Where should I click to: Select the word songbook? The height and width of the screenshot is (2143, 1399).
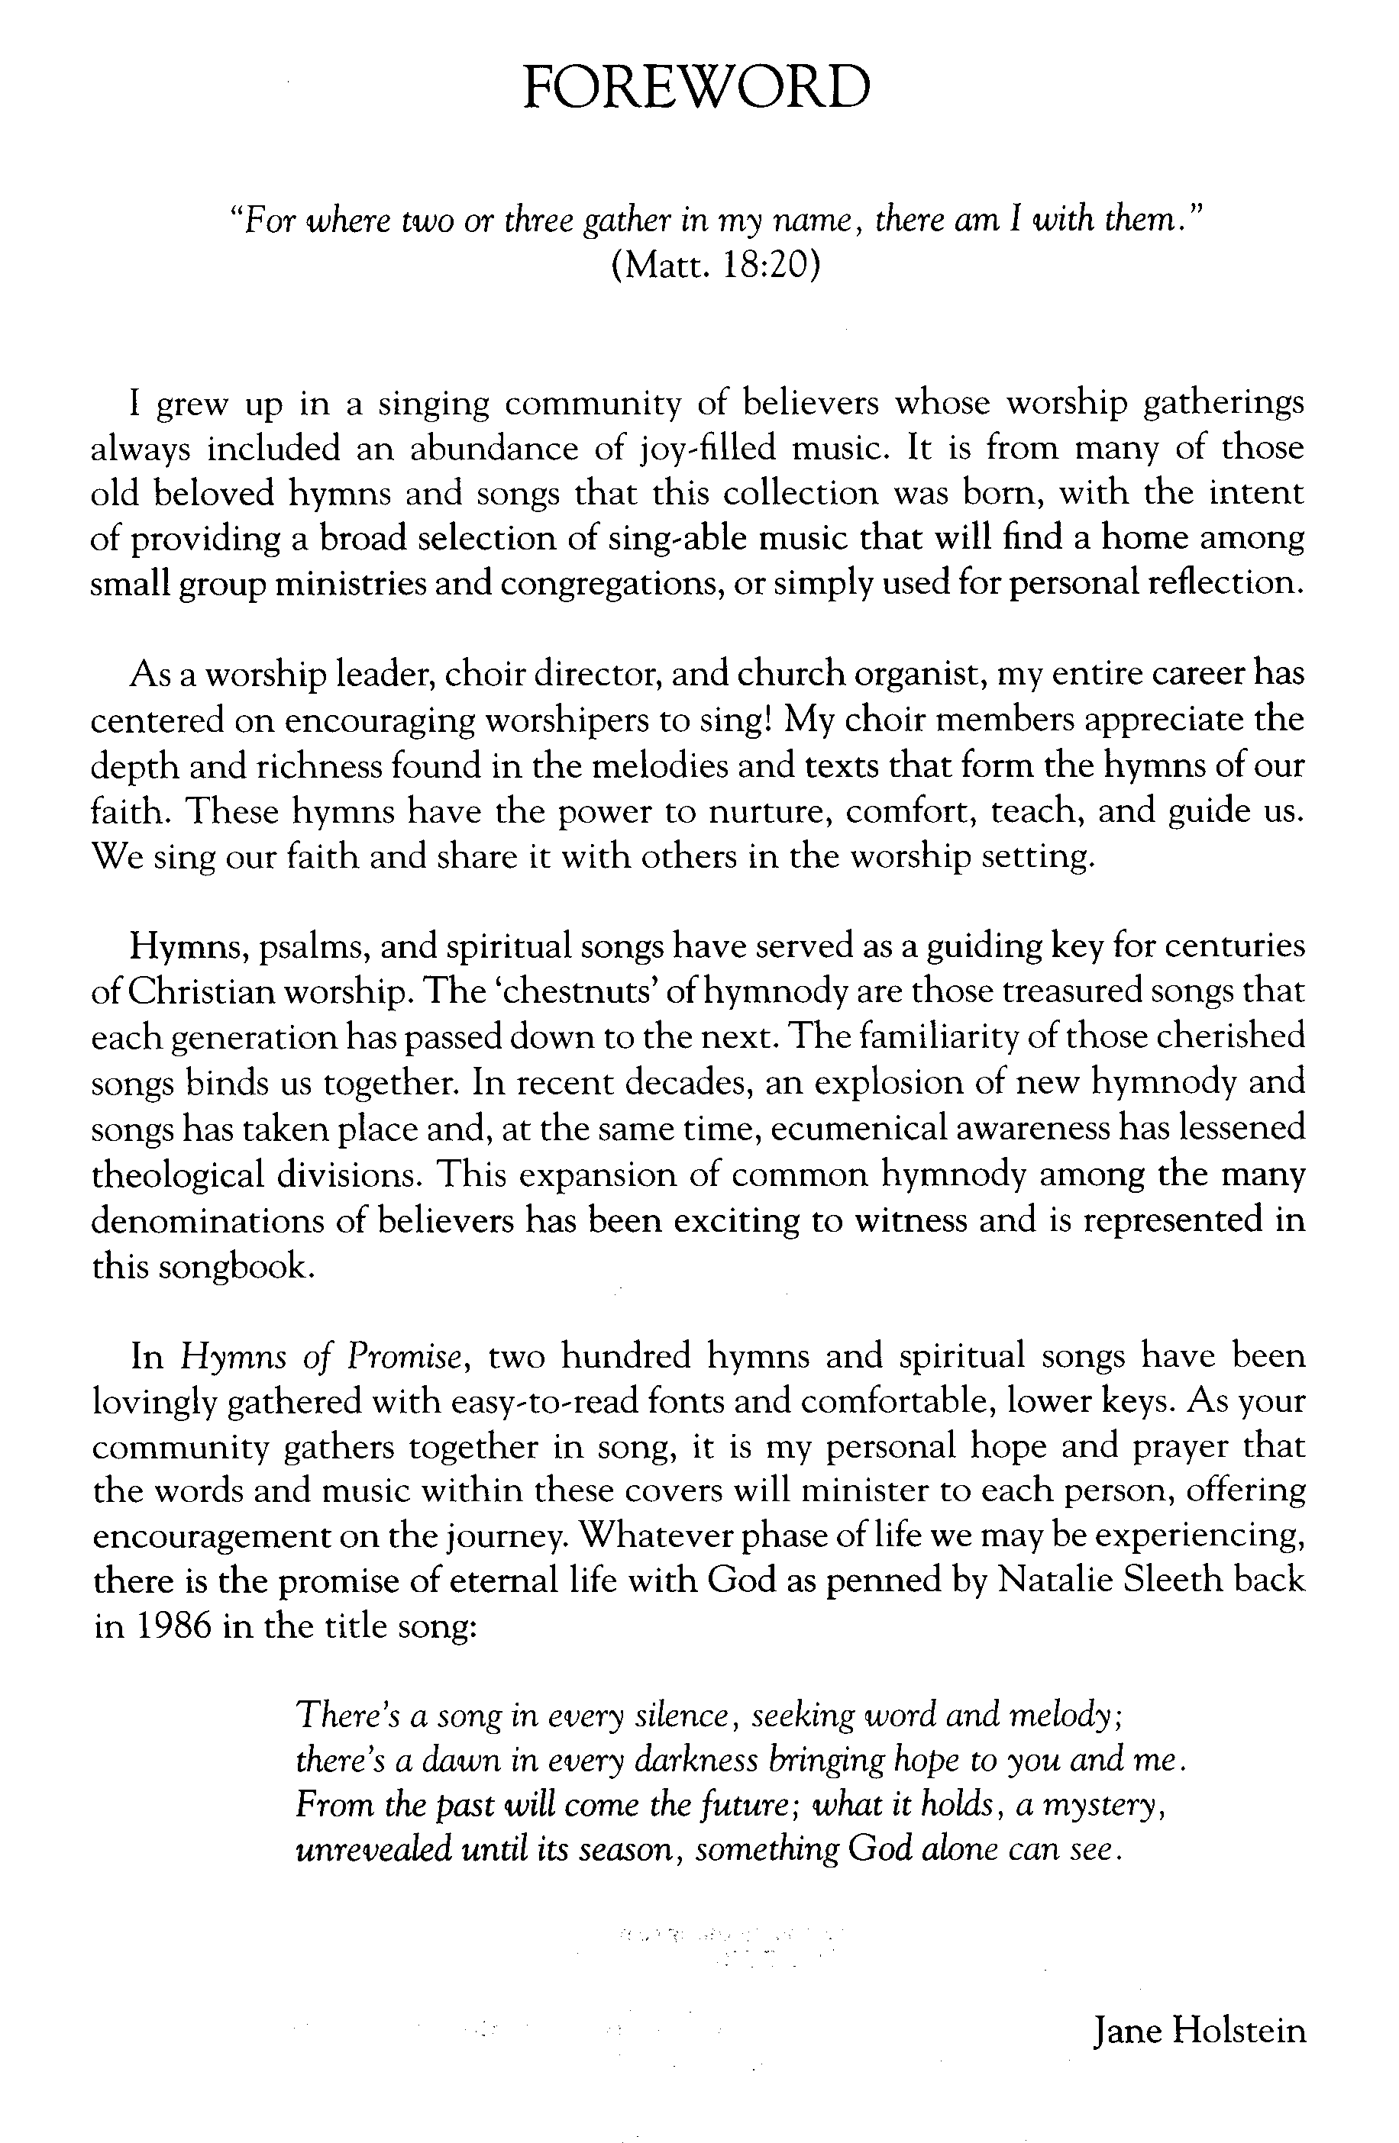[x=236, y=1265]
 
